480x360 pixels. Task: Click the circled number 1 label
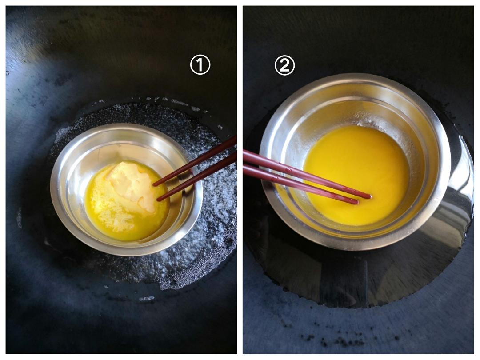(200, 65)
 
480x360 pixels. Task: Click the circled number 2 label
(284, 65)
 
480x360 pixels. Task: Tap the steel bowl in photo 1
(126, 189)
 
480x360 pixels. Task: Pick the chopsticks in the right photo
(306, 177)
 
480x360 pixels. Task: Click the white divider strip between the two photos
(240, 180)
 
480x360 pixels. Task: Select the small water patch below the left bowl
(147, 298)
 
